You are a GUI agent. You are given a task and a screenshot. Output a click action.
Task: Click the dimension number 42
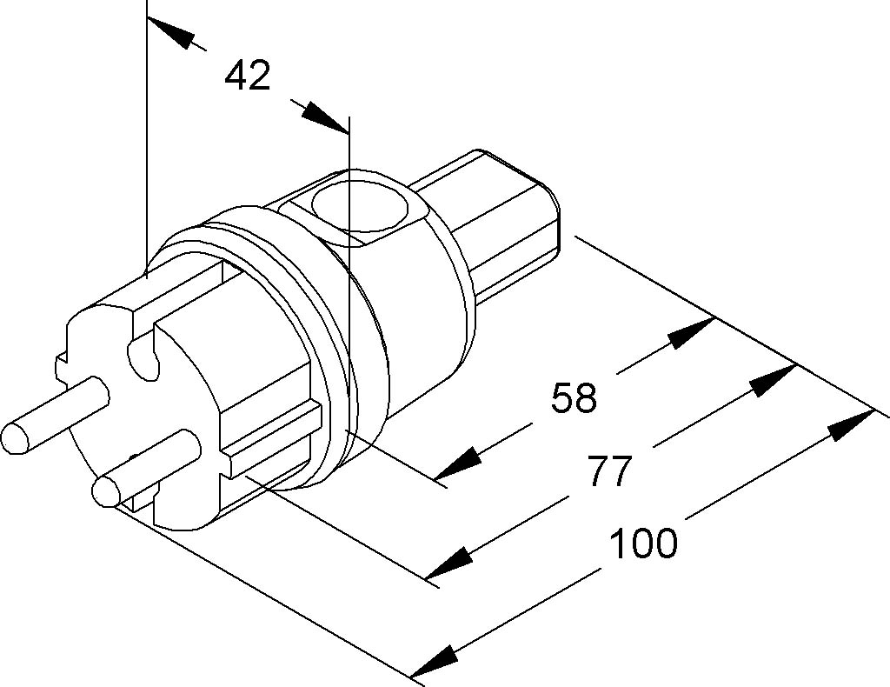[x=248, y=77]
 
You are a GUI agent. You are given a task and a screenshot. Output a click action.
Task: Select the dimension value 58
[x=574, y=398]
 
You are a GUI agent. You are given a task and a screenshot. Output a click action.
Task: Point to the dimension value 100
[x=642, y=544]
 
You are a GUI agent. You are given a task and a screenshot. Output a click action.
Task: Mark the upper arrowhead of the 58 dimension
[x=692, y=332]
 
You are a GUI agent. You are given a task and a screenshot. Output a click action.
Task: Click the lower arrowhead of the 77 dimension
[x=449, y=564]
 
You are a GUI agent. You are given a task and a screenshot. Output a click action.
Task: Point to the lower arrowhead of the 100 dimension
[x=434, y=663]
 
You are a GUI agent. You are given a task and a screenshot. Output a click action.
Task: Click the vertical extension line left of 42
[x=147, y=130]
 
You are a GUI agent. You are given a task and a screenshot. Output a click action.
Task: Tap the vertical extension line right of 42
[x=348, y=261]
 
